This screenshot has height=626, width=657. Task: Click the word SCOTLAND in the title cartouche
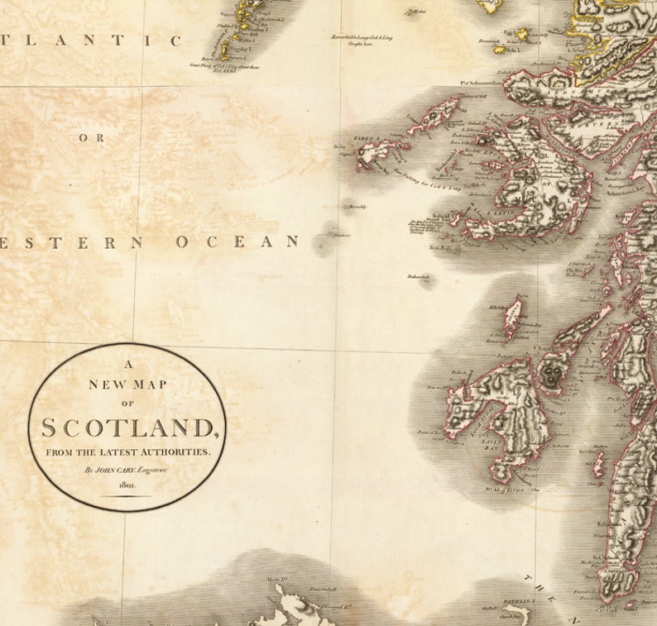(127, 428)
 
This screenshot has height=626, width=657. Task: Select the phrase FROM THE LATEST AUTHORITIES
(127, 452)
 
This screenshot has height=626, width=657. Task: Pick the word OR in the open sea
(92, 138)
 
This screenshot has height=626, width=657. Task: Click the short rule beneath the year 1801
(127, 496)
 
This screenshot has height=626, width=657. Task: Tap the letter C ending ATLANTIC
(175, 40)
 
